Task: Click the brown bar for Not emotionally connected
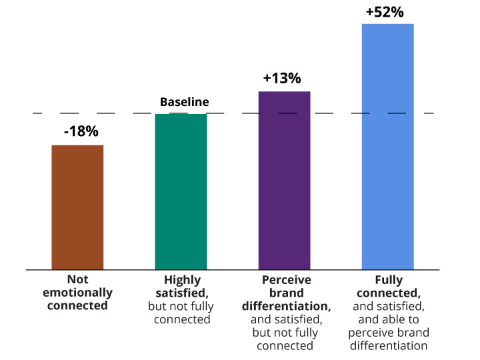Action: tap(77, 207)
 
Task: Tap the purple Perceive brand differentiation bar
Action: tap(284, 180)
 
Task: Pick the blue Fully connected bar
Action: tap(387, 147)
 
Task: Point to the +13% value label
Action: tap(282, 78)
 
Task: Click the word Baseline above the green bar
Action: tap(184, 102)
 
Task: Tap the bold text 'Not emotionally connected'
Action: tap(77, 293)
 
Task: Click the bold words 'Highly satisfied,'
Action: tap(181, 286)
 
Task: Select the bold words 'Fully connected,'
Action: tap(388, 286)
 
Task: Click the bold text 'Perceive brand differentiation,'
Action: tap(285, 293)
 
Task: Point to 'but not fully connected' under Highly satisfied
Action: tap(181, 313)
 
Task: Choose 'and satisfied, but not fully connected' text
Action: tap(285, 333)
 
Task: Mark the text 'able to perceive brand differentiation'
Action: tap(388, 333)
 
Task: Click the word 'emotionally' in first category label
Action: tap(77, 293)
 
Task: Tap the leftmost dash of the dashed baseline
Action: tap(37, 113)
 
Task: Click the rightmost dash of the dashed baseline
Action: tap(429, 113)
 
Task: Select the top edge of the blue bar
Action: tap(387, 25)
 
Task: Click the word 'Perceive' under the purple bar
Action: tap(285, 279)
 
